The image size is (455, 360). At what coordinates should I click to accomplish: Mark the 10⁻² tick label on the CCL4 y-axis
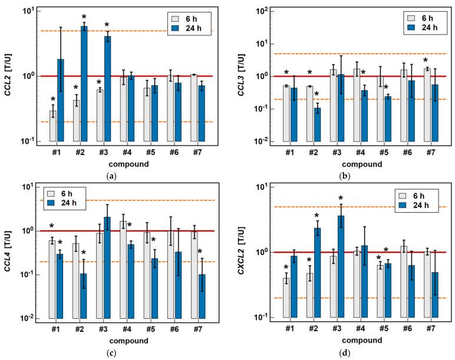click(28, 318)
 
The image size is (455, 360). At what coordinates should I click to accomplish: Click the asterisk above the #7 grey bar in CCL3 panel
click(426, 60)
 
